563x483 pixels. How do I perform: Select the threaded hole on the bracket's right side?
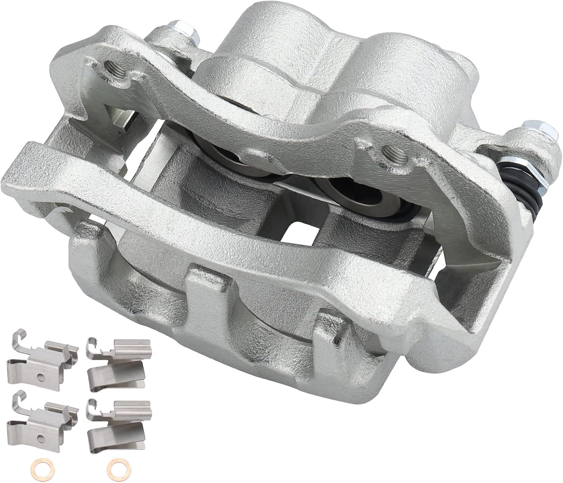(387, 152)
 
